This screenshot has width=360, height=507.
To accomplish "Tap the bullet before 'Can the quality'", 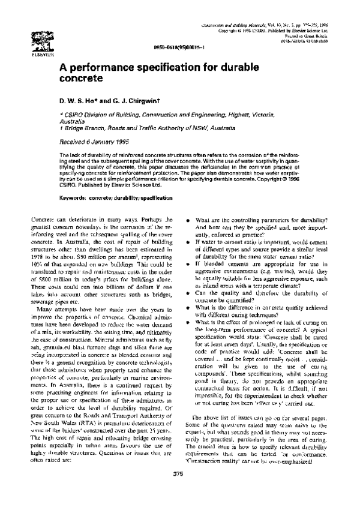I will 190,293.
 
